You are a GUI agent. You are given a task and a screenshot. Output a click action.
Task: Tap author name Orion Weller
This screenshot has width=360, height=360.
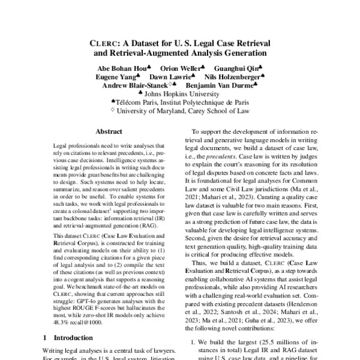pos(181,68)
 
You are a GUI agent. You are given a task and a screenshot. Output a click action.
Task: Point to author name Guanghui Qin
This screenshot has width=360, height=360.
pos(238,68)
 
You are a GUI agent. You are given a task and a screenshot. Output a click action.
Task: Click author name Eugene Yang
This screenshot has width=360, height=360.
pos(115,77)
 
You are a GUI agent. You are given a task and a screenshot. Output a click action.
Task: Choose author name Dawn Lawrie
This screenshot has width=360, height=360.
pos(171,77)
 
